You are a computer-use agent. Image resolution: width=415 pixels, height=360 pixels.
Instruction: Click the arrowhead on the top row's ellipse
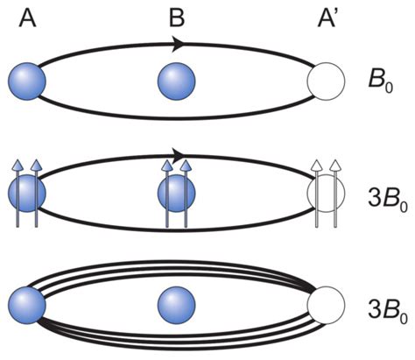tap(179, 44)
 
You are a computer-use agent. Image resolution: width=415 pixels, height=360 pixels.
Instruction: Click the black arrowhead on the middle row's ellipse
tap(185, 155)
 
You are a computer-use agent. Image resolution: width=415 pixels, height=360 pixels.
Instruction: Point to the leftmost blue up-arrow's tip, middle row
tap(17, 164)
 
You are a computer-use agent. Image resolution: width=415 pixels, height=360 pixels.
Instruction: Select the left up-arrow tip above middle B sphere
tap(167, 164)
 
